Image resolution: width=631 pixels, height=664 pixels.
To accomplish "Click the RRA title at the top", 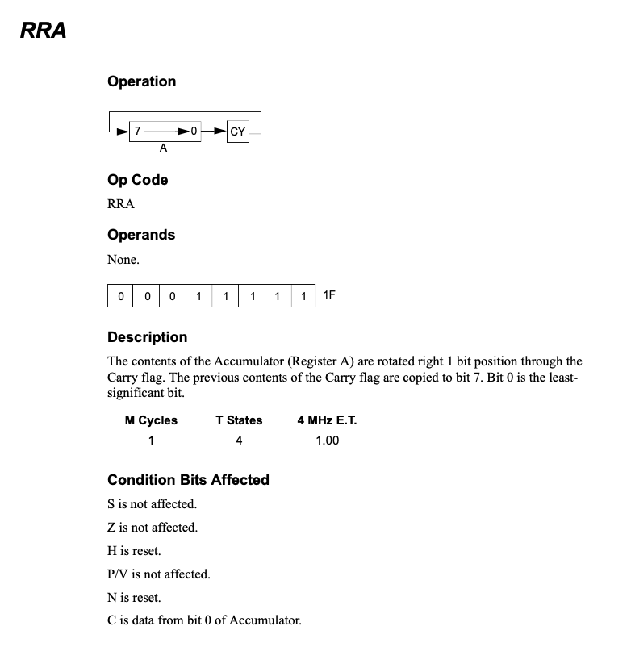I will pos(44,31).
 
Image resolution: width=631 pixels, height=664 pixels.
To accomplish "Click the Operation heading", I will pos(141,81).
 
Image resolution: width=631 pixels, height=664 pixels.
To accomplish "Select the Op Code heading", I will pos(137,180).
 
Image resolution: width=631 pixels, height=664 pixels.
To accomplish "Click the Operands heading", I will pos(141,235).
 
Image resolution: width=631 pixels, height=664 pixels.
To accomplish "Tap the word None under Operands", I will pos(123,260).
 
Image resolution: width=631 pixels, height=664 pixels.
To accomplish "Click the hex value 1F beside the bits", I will pos(328,295).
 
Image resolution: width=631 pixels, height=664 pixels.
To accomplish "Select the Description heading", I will pos(147,337).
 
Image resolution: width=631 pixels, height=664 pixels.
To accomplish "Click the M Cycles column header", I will pos(151,420).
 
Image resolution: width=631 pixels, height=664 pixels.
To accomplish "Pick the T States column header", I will pos(239,420).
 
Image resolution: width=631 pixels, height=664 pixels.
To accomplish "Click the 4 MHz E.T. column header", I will pos(327,420).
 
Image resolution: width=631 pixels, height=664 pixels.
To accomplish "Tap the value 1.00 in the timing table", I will pos(327,441).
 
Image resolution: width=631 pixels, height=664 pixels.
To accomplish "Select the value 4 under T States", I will pos(239,441).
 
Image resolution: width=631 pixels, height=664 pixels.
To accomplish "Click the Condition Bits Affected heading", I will pos(188,480).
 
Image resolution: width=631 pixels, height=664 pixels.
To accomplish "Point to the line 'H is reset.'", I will pos(134,551).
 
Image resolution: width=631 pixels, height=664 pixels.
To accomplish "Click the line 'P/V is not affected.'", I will pos(158,574).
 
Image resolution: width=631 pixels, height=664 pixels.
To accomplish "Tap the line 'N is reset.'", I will pos(134,598).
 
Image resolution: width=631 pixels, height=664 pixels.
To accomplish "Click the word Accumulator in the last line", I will pos(268,621).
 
